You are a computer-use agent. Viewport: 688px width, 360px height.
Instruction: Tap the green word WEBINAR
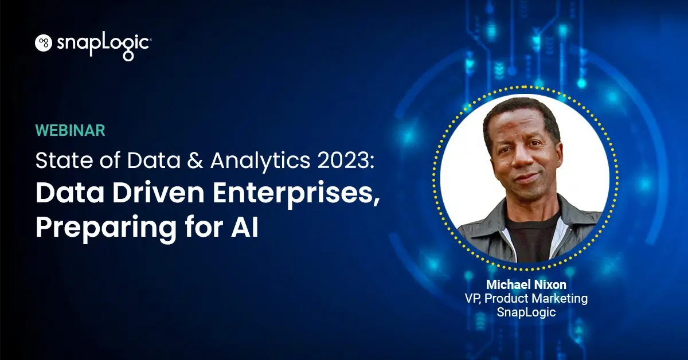pos(71,130)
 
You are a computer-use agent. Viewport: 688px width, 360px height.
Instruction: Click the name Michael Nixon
pos(525,285)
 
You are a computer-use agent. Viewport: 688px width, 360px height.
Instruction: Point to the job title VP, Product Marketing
pos(525,298)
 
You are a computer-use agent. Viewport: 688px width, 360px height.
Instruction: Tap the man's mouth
pos(526,179)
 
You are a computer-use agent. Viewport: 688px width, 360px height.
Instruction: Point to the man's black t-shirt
pos(530,235)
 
